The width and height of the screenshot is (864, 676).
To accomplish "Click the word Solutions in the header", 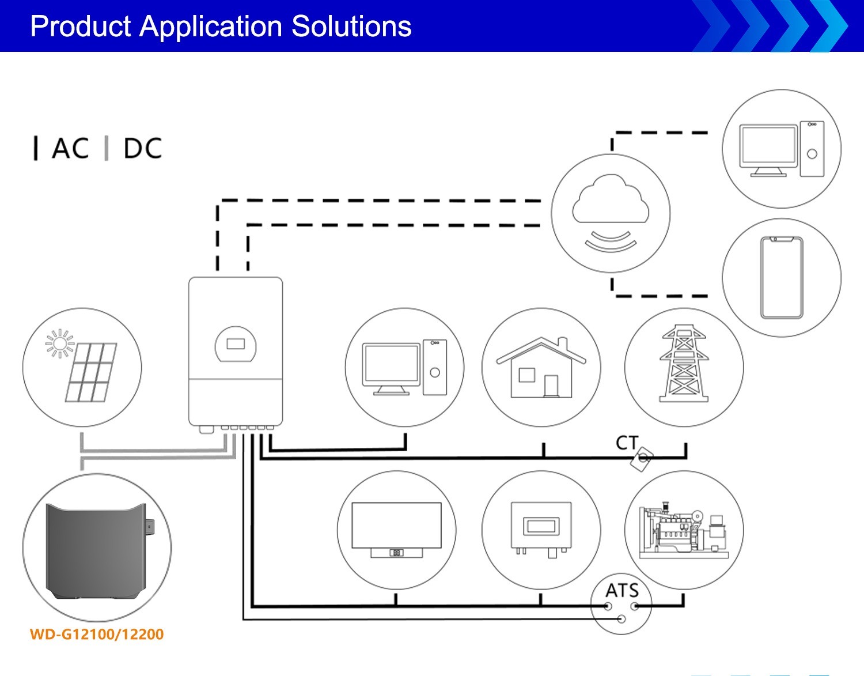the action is (351, 27).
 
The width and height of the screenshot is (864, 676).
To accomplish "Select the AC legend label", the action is (70, 148).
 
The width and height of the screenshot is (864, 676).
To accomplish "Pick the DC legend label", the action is (143, 148).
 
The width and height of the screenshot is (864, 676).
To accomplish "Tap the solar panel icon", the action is (91, 373).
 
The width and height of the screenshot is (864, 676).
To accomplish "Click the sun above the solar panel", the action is (60, 343).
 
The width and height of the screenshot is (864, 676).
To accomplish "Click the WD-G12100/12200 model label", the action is (97, 635).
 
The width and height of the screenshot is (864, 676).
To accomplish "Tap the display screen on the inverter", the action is (236, 343).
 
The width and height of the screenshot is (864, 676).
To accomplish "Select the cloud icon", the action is (611, 198).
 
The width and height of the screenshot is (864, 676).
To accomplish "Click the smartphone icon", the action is (781, 278).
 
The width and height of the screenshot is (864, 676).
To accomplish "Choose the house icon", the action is (541, 367).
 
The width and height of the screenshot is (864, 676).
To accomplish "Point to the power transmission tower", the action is (684, 363).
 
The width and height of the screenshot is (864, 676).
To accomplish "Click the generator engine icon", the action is (684, 530).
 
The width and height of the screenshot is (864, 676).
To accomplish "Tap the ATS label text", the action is (622, 591).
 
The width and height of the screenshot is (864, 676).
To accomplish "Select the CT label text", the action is (627, 443).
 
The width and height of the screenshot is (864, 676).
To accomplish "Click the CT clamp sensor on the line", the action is (642, 459).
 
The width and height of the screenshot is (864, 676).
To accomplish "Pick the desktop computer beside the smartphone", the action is (782, 149).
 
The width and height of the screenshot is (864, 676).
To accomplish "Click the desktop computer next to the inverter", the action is (404, 368).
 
